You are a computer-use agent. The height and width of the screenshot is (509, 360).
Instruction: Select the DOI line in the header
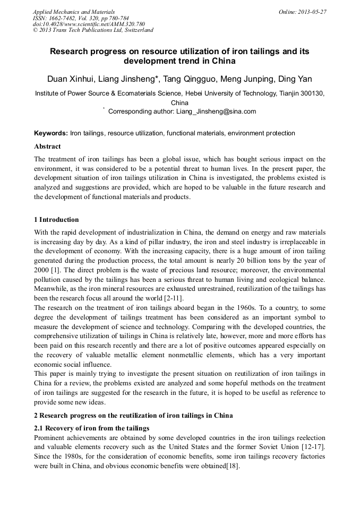tap(89, 24)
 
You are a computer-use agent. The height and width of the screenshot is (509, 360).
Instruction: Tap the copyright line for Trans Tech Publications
tap(93, 30)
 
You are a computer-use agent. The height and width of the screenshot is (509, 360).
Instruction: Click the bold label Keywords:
tap(51, 133)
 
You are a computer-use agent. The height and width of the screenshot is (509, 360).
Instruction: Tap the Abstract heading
tap(47, 146)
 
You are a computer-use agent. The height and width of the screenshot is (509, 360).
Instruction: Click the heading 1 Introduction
tap(56, 220)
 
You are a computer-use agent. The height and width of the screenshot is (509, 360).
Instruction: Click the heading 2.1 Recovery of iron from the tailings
tap(91, 428)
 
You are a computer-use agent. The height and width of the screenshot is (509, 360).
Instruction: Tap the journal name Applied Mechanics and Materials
tap(74, 12)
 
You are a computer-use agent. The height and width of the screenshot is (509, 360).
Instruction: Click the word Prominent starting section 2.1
tap(50, 437)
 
